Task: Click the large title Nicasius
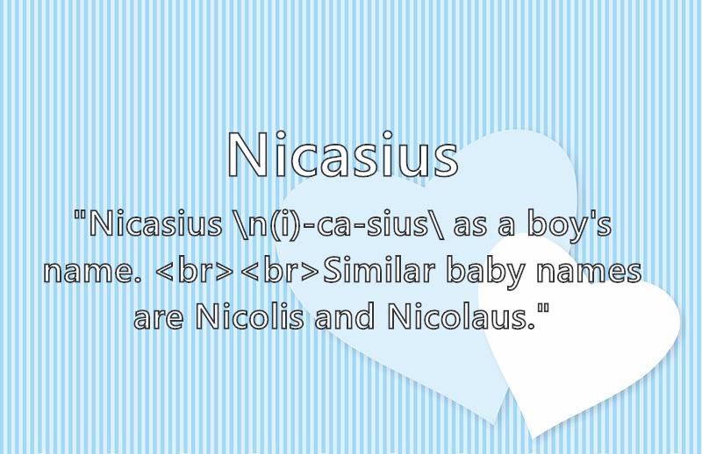(x=343, y=155)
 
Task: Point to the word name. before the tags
(x=93, y=272)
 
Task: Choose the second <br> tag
(x=279, y=271)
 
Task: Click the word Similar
(x=379, y=271)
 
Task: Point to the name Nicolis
(x=250, y=316)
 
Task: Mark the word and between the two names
(x=344, y=316)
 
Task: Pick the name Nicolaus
(x=462, y=316)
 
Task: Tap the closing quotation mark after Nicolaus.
(x=543, y=308)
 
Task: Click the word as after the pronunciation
(x=469, y=227)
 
